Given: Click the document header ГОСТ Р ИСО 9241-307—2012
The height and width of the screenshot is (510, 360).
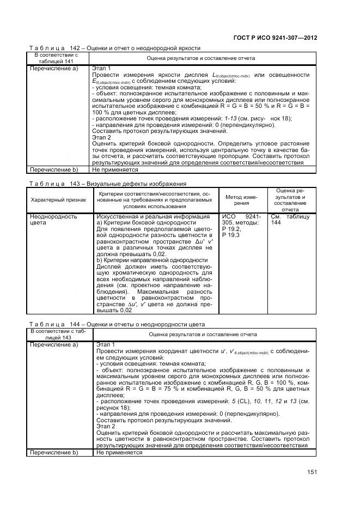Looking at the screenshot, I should click(275, 38).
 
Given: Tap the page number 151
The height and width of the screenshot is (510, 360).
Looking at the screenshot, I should click(312, 472).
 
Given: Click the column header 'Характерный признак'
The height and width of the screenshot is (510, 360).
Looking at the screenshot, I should click(58, 200).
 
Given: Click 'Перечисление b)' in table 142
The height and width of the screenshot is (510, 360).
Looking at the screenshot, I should click(54, 170).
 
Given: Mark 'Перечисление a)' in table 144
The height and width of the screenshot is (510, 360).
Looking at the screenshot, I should click(54, 345).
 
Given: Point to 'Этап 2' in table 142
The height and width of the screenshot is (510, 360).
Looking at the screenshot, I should click(102, 138).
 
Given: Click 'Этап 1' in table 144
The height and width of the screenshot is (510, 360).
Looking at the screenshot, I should click(106, 345).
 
